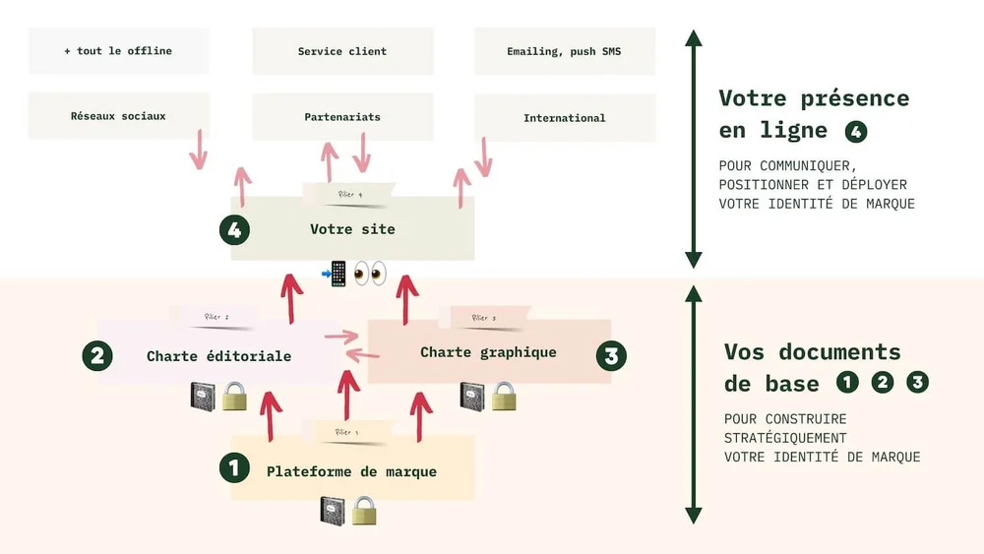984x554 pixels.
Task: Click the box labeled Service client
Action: (342, 51)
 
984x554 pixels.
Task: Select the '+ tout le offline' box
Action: (118, 51)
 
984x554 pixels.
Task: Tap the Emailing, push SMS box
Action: (564, 51)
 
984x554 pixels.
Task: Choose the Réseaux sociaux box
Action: (118, 116)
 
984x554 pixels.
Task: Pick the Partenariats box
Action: (342, 117)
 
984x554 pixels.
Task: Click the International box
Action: (564, 118)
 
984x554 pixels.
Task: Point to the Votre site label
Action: (352, 229)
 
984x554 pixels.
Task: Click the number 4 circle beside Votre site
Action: (234, 230)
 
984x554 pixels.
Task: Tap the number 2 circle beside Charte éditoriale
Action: (96, 356)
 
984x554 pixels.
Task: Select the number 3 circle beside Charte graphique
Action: (611, 356)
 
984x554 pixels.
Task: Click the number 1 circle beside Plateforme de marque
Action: (234, 467)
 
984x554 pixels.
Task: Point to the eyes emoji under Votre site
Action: (370, 273)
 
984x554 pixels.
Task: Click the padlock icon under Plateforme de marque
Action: (364, 510)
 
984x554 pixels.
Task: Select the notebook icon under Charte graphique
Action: (471, 396)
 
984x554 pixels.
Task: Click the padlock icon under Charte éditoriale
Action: (233, 396)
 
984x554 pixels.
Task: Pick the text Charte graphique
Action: (488, 352)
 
